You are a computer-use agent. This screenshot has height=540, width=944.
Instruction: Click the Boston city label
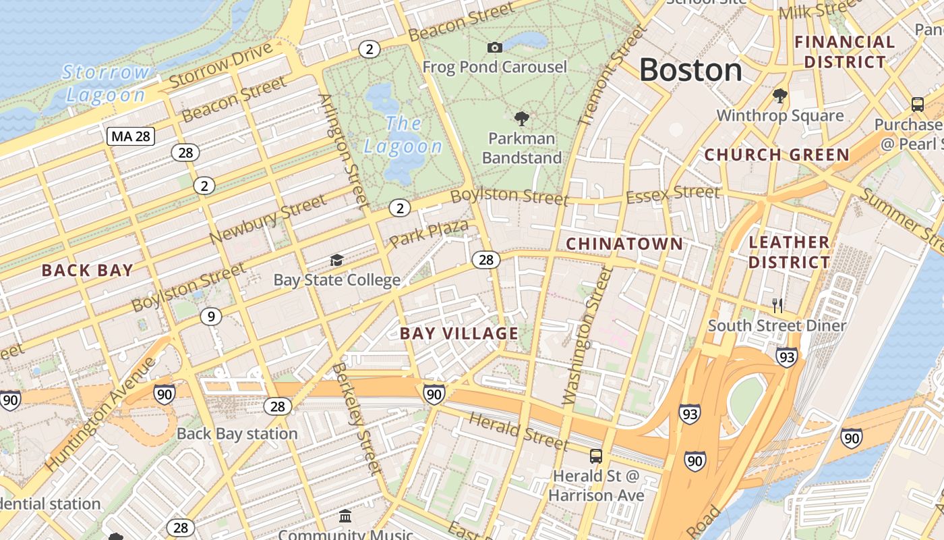tap(690, 70)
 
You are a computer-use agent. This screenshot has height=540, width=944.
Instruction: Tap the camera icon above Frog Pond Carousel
tap(494, 47)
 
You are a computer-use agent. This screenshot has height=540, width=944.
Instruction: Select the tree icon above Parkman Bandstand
tap(521, 119)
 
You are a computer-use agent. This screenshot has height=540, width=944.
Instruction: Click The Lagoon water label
tap(403, 134)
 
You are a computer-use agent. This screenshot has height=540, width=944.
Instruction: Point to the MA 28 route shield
tap(131, 136)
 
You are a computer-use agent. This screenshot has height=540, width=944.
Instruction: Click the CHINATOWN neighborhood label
tap(624, 244)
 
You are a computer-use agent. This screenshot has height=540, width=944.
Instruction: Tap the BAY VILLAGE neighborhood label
tap(459, 333)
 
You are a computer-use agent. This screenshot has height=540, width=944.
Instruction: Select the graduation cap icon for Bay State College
tap(336, 260)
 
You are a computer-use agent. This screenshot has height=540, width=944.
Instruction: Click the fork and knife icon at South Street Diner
tap(777, 305)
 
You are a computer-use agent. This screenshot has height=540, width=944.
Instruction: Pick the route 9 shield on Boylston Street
tap(211, 316)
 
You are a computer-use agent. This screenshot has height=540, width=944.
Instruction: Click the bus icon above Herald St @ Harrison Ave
tap(595, 456)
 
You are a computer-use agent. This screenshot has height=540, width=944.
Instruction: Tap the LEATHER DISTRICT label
tap(789, 252)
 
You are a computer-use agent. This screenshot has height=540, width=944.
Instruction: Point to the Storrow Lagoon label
tap(106, 83)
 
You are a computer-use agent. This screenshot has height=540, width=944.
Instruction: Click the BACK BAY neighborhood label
tap(88, 271)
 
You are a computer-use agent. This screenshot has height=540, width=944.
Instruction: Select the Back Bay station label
tap(237, 433)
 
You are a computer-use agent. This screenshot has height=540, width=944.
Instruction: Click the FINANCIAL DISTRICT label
tap(844, 52)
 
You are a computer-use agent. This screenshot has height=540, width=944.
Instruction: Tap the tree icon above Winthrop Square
tap(780, 95)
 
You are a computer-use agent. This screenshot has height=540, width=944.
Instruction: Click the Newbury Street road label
tap(268, 220)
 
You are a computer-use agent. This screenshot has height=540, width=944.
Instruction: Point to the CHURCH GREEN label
tap(777, 155)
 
